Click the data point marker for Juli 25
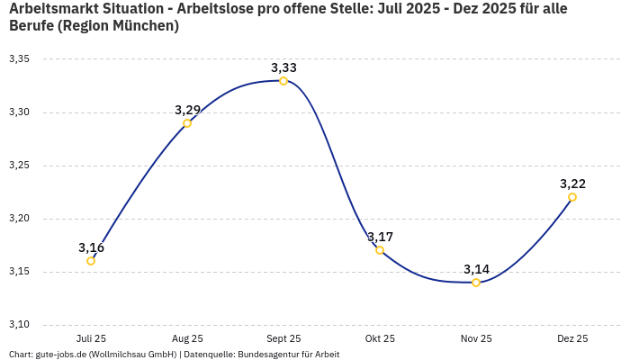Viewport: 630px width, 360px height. point(91,261)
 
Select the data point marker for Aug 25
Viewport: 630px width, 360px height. point(187,123)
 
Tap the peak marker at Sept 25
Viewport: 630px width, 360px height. point(283,81)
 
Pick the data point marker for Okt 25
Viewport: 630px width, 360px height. point(380,250)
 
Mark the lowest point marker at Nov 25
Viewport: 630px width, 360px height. point(476,283)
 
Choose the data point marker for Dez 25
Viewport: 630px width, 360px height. point(572,197)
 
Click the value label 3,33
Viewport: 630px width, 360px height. point(283,67)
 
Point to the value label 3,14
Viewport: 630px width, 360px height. point(476,269)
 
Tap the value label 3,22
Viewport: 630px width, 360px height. point(572,184)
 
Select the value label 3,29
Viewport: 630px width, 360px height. point(187,110)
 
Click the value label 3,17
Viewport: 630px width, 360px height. point(380,237)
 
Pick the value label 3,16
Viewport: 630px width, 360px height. point(91,247)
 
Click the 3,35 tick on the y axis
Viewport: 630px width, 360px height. point(19,59)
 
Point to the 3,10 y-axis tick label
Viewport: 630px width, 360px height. point(19,325)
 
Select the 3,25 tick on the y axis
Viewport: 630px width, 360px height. point(19,166)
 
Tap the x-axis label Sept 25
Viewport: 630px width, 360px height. point(283,339)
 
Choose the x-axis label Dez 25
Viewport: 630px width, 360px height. point(572,339)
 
